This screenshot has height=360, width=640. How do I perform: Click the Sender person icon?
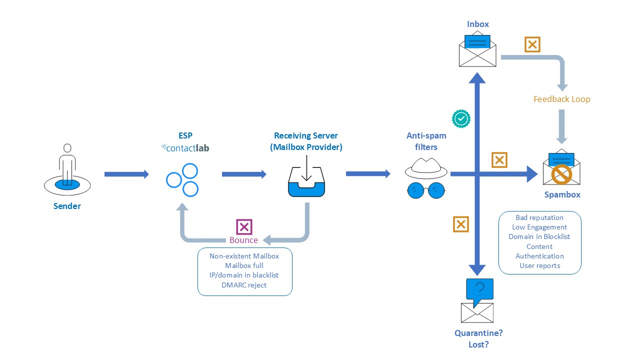(67, 170)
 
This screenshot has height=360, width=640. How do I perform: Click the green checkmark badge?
(460, 118)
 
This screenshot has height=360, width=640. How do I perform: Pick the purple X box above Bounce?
(244, 227)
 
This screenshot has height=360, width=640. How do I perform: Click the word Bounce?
(244, 240)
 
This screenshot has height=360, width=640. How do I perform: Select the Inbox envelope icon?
(477, 50)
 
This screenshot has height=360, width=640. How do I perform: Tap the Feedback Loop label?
(561, 99)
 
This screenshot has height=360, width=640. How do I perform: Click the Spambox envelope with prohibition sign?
(561, 167)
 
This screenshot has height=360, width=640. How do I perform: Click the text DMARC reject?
(244, 285)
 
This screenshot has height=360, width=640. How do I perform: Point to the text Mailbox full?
(244, 265)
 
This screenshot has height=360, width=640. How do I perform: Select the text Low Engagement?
(539, 227)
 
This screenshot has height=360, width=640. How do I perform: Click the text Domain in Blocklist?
(539, 236)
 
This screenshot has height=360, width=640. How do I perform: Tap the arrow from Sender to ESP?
(126, 174)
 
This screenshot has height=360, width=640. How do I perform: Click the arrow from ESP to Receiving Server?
(244, 174)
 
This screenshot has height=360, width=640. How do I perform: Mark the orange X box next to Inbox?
(532, 44)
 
